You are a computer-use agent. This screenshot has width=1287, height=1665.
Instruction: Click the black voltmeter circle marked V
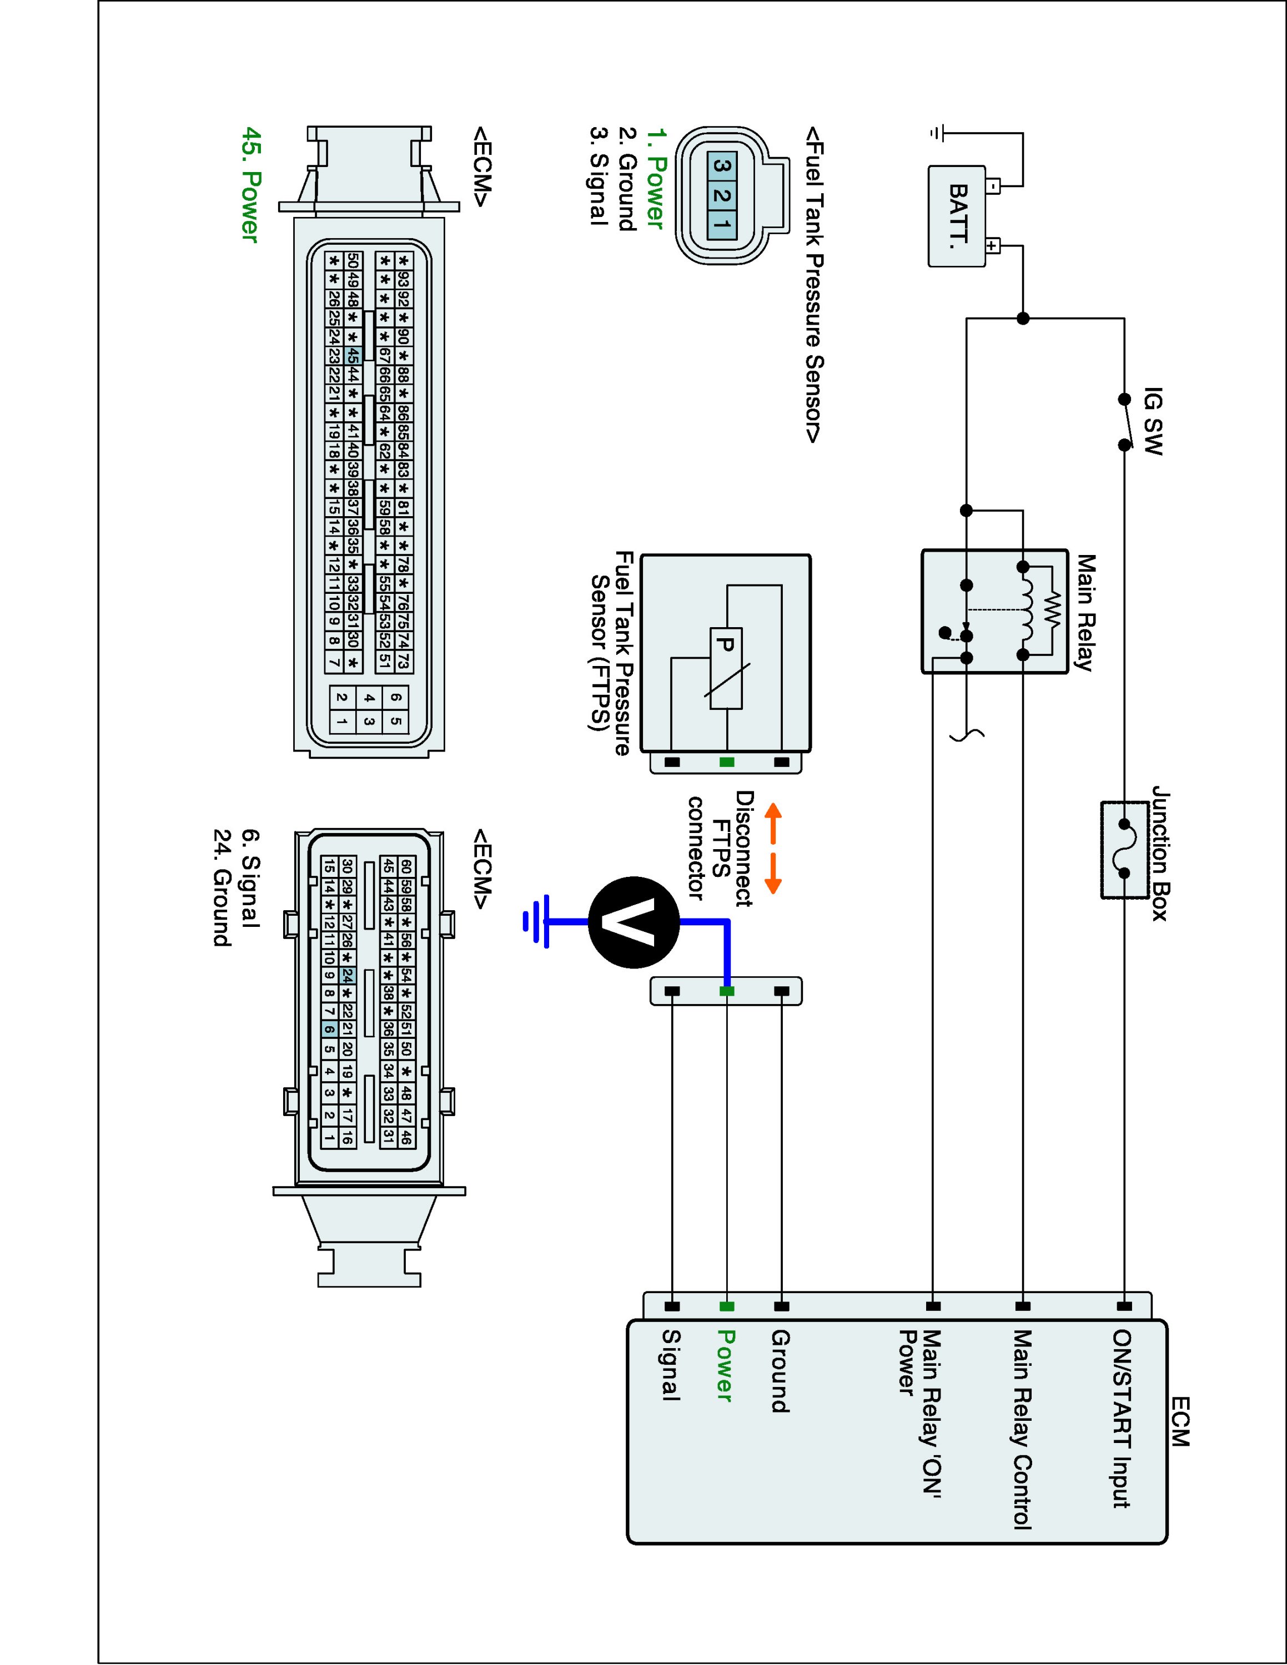tap(634, 922)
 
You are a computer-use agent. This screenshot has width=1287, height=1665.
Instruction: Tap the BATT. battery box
tap(956, 216)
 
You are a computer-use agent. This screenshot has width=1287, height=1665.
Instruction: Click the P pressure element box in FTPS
tap(726, 668)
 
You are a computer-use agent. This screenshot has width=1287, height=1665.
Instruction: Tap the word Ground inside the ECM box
tap(780, 1371)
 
